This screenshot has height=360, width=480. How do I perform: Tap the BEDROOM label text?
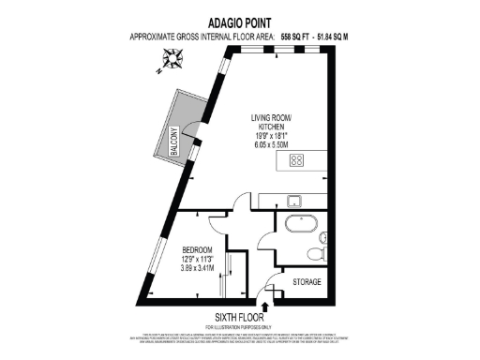tap(198, 248)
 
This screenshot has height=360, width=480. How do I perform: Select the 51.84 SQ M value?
tap(338, 36)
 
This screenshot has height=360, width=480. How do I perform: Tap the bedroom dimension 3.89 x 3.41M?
tap(198, 268)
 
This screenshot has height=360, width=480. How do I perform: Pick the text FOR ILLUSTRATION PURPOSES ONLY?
tap(241, 326)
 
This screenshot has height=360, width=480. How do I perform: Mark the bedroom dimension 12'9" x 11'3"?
tap(198, 259)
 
